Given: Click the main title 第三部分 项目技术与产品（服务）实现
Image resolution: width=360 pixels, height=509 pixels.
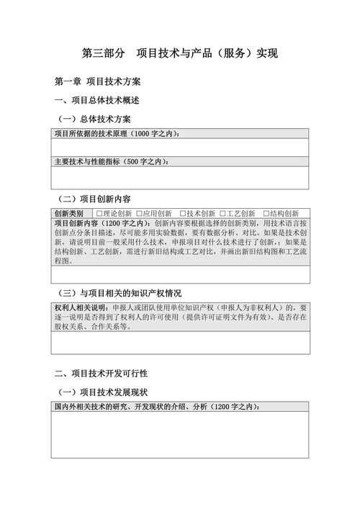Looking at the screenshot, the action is (180, 54).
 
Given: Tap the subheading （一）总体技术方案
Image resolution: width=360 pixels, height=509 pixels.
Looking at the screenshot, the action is (94, 119).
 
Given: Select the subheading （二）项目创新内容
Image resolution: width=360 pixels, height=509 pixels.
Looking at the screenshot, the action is (94, 198).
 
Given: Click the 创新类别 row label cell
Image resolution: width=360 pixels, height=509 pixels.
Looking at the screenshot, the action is (69, 213).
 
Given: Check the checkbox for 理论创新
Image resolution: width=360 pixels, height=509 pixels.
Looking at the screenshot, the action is (99, 213).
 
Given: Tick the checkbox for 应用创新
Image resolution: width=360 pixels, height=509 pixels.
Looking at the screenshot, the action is (140, 213).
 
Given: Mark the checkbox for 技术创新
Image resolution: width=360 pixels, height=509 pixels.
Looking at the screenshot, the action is (182, 213).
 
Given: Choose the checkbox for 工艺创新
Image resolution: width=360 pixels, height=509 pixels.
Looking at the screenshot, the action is (222, 213).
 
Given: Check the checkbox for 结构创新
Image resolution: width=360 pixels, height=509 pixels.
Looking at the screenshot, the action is (266, 213).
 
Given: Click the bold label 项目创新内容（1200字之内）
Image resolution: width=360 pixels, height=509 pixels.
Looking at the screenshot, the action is (102, 223).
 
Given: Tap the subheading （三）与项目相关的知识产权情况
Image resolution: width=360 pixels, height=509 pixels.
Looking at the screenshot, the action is (120, 293).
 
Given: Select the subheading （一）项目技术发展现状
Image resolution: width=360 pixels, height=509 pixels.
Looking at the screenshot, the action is (102, 392).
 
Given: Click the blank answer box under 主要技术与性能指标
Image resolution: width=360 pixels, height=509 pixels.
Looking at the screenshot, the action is (180, 177).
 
